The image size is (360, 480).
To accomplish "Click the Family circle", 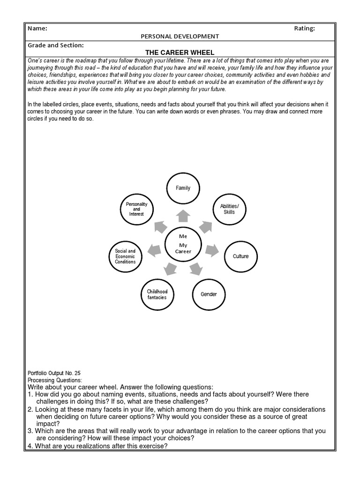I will coord(183,188).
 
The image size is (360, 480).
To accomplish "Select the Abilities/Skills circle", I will coord(229,209).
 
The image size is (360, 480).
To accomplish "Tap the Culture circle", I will coord(240,256).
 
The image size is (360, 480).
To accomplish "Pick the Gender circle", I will coord(209,294).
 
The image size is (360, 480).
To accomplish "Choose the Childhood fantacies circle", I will coord(157,294).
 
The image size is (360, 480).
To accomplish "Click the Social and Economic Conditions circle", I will coord(125,256).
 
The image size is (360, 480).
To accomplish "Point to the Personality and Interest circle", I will coord(137,210).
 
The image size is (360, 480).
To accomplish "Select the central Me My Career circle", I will coord(183,244).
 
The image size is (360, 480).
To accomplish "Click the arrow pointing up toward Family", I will coord(183,216).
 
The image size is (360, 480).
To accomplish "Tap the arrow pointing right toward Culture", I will coord(212,250).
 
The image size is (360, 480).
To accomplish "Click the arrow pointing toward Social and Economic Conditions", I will coord(153,250).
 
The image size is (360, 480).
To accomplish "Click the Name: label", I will coord(37,29).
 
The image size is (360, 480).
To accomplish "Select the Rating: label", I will coord(304,29).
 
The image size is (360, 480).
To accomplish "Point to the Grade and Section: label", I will coord(56,45).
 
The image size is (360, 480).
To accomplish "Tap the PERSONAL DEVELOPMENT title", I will coord(180,37).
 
